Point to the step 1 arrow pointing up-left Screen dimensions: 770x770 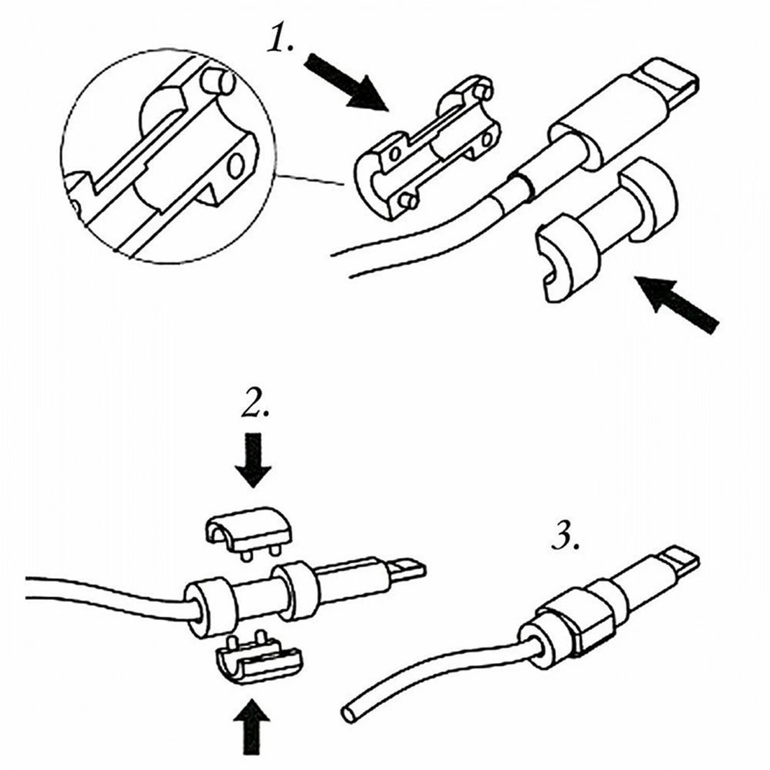click(x=677, y=304)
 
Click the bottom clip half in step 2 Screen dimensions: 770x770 click(x=258, y=659)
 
